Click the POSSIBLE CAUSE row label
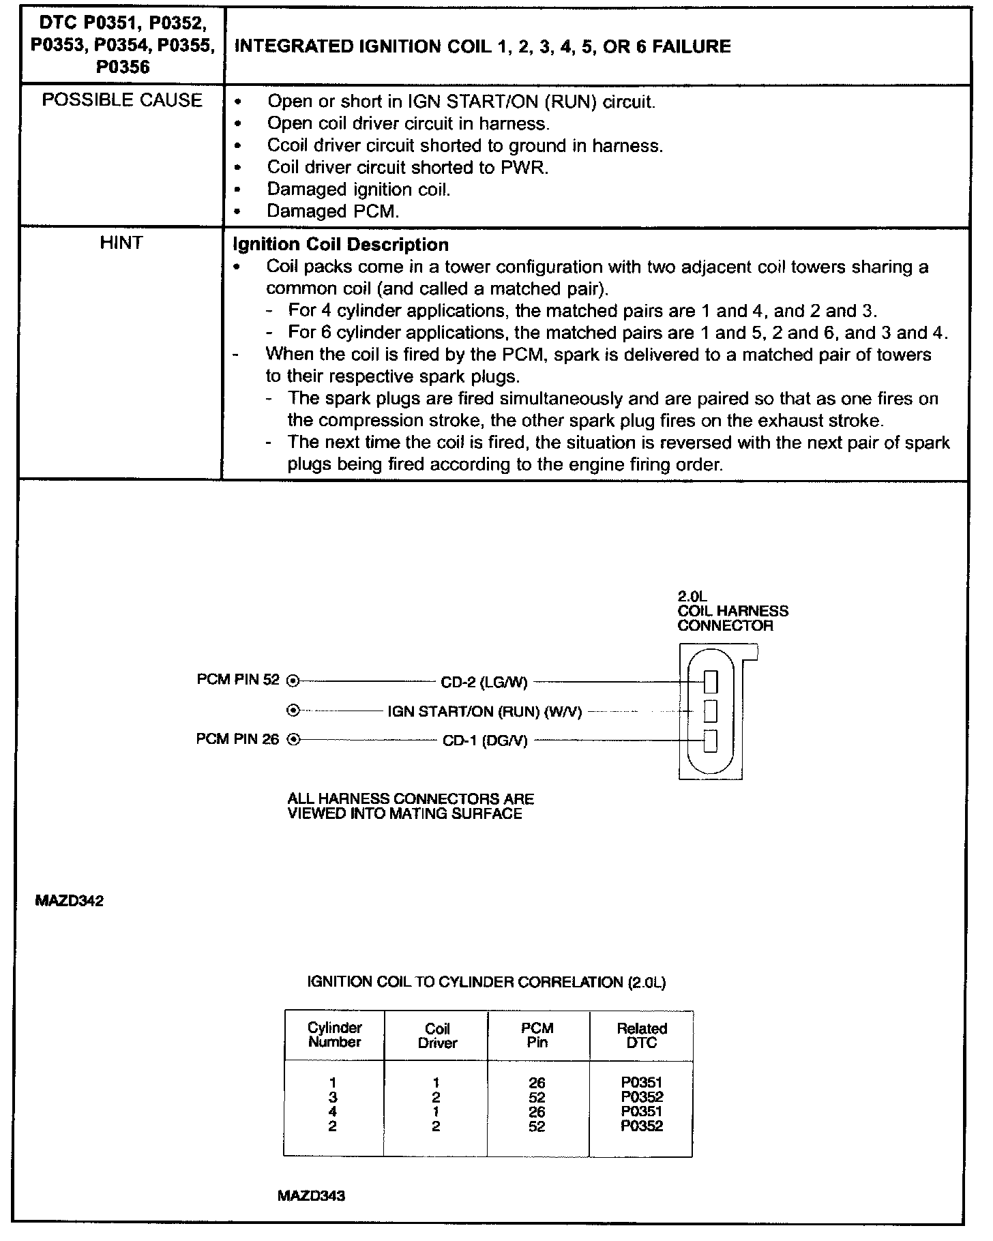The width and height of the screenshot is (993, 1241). [x=122, y=100]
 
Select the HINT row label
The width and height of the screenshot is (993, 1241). [x=121, y=243]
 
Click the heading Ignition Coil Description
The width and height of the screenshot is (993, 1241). [x=340, y=245]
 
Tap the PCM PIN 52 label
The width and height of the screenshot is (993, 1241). [x=237, y=680]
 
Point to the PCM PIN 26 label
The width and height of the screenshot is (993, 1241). [x=237, y=739]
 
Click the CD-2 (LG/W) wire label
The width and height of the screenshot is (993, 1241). [x=484, y=681]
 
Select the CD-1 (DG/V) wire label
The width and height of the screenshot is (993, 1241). [x=485, y=741]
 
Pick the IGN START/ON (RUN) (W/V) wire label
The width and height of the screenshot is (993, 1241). [x=484, y=711]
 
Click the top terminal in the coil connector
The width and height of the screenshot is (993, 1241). [x=711, y=681]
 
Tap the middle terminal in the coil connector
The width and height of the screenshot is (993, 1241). [x=711, y=711]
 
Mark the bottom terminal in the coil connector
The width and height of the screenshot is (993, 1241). [x=711, y=741]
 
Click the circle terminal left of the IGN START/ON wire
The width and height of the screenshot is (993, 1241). [x=293, y=711]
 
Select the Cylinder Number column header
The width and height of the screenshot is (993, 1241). [x=334, y=1034]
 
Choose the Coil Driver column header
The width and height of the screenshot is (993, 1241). [x=436, y=1035]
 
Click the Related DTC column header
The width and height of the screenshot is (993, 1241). [x=641, y=1035]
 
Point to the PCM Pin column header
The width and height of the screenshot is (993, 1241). [x=537, y=1035]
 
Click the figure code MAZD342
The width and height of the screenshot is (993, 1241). [x=69, y=901]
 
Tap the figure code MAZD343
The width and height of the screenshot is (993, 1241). [x=311, y=1196]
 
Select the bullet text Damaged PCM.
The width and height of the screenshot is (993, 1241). [x=332, y=211]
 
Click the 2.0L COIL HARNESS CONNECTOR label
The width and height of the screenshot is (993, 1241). [x=732, y=611]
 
